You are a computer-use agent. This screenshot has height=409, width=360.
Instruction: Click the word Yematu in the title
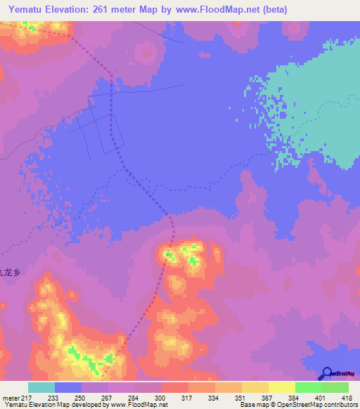point(28,8)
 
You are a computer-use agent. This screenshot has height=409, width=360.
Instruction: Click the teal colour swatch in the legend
point(41,387)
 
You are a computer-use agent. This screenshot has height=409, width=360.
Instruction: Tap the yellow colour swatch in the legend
point(281,387)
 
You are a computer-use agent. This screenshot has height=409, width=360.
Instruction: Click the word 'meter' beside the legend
point(8,398)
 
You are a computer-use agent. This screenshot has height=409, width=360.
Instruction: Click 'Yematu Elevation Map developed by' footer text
point(56,405)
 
